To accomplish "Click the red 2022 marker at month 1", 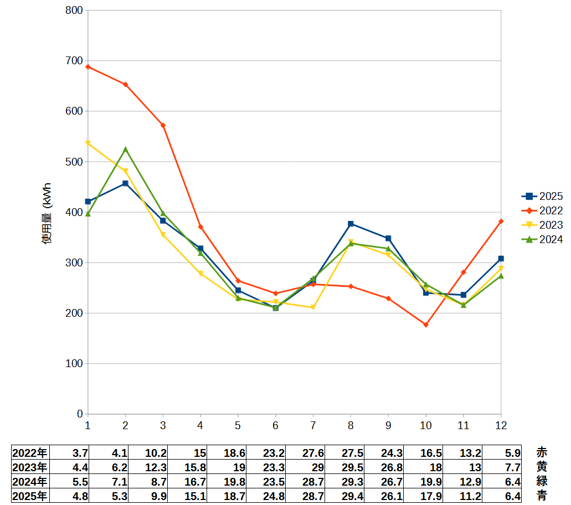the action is coord(88,67).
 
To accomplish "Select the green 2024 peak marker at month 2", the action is coord(125,150).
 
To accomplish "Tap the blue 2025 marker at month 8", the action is coord(351,224).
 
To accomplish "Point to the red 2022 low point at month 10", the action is coord(426,325).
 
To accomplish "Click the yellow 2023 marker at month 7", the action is coord(313,308).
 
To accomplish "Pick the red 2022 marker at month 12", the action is coord(501,221).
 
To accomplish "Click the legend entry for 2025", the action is coord(542,196).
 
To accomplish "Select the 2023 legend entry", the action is coord(542,225).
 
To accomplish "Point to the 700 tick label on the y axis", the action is coord(74,61).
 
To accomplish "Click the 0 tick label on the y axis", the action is coord(80,414).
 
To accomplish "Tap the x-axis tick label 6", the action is coord(275,426).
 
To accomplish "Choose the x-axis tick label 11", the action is coord(463,426).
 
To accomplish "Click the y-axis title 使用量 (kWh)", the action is coord(47,213).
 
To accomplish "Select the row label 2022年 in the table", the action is coord(30,453).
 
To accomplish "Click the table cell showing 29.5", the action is coord(352,467).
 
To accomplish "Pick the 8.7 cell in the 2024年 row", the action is coord(159,482).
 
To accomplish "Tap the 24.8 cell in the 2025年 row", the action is coord(274,496).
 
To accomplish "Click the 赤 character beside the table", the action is coord(542,452).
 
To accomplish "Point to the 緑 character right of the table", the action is coord(542,481).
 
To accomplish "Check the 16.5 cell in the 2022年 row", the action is coord(431,454).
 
